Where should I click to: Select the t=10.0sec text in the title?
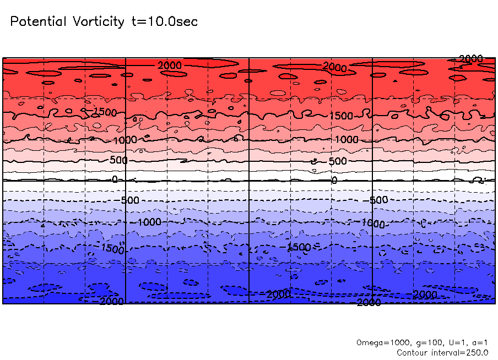pyautogui.click(x=164, y=22)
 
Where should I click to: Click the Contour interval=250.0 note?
pyautogui.click(x=442, y=352)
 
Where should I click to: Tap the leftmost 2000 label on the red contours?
pyautogui.click(x=169, y=66)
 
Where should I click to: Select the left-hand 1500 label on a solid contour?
pyautogui.click(x=105, y=112)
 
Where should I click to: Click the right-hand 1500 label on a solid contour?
pyautogui.click(x=341, y=116)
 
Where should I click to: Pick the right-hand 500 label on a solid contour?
pyautogui.click(x=338, y=161)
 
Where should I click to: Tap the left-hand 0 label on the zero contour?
pyautogui.click(x=115, y=179)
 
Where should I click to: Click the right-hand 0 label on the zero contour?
pyautogui.click(x=334, y=181)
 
